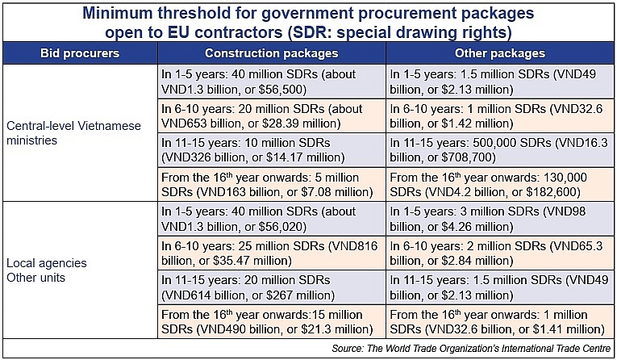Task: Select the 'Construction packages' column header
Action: pos(271,53)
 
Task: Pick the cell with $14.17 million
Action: pos(271,151)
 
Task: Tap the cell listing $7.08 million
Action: pos(271,185)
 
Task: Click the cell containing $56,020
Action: pos(271,220)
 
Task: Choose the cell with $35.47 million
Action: pos(271,253)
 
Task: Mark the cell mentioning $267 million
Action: pos(271,288)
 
